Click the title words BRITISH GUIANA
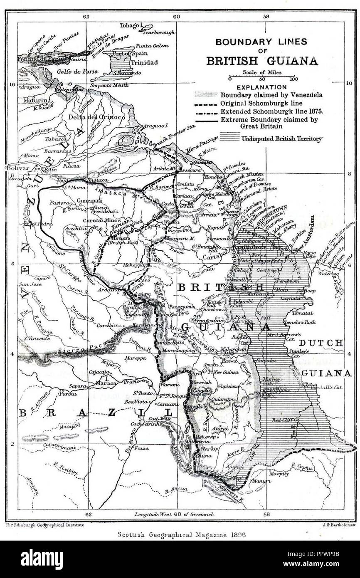262,61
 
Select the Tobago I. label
131,25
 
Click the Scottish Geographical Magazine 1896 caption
179,535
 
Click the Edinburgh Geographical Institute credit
45,525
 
